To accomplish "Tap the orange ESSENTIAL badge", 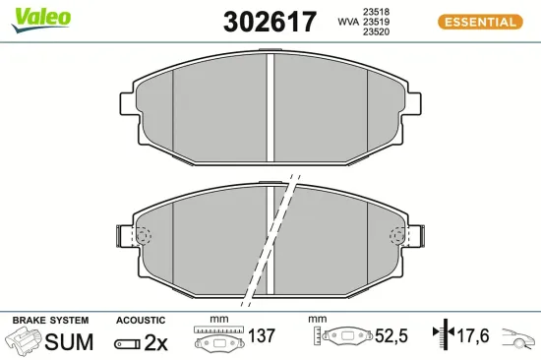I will (x=477, y=22).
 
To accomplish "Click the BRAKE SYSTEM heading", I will (x=50, y=321).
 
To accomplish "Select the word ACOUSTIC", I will (x=141, y=321).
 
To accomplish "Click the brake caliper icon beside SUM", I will (x=25, y=342).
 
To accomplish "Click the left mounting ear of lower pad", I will (x=124, y=237).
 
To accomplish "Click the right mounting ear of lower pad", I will (x=415, y=237).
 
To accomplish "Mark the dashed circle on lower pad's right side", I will (x=399, y=236).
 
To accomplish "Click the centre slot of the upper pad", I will (x=270, y=106).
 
